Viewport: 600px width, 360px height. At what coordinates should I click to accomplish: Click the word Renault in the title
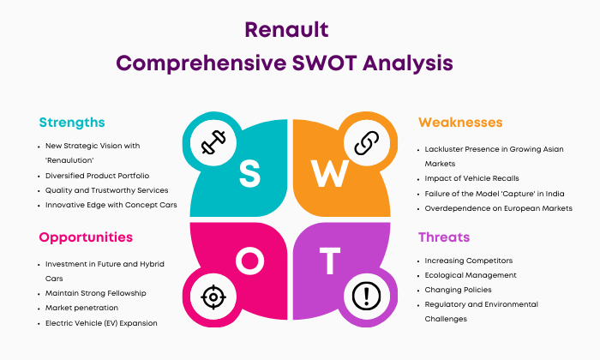pyautogui.click(x=286, y=30)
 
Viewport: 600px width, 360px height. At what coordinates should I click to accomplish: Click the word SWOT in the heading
pyautogui.click(x=325, y=63)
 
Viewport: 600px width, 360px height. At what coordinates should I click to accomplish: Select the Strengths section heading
pyautogui.click(x=72, y=123)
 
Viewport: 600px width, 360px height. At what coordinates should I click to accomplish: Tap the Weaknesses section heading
pyautogui.click(x=460, y=123)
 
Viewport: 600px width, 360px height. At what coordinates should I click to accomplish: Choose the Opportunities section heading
pyautogui.click(x=86, y=237)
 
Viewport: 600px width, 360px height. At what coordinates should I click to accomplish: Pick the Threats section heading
pyautogui.click(x=444, y=237)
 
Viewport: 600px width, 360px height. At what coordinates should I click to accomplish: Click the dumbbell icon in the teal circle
pyautogui.click(x=213, y=142)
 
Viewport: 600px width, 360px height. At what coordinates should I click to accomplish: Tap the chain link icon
pyautogui.click(x=367, y=142)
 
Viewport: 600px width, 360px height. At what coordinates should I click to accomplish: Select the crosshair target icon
pyautogui.click(x=213, y=297)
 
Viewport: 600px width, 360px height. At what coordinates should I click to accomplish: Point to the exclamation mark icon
pyautogui.click(x=367, y=296)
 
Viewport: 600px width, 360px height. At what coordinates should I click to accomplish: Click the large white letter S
pyautogui.click(x=249, y=173)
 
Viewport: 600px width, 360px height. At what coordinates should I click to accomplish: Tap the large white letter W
pyautogui.click(x=329, y=173)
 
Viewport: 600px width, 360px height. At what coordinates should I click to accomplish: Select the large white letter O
pyautogui.click(x=250, y=261)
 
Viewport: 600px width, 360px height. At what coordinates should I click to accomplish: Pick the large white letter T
pyautogui.click(x=330, y=261)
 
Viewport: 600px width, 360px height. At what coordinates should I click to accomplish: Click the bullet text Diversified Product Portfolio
pyautogui.click(x=97, y=176)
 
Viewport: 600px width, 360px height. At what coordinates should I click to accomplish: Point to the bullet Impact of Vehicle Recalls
pyautogui.click(x=471, y=178)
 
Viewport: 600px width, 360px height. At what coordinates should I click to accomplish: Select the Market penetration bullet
pyautogui.click(x=81, y=308)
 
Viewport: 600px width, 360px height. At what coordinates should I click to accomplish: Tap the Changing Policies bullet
pyautogui.click(x=458, y=290)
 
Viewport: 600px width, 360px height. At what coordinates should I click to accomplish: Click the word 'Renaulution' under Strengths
pyautogui.click(x=69, y=160)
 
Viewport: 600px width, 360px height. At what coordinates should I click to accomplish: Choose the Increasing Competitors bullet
pyautogui.click(x=469, y=261)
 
